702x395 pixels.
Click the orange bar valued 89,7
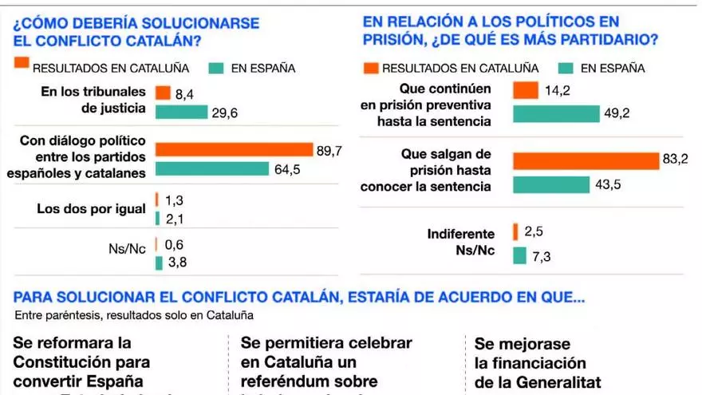pos(234,149)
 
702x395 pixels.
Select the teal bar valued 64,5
pos(211,168)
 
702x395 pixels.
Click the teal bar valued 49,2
pos(556,113)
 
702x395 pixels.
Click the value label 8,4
pos(183,94)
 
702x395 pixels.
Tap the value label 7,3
pos(542,255)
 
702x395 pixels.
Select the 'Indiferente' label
pos(461,234)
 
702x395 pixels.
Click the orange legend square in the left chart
pos(22,63)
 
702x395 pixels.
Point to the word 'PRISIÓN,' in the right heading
pos(397,39)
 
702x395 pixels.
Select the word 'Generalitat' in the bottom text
pos(558,381)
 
